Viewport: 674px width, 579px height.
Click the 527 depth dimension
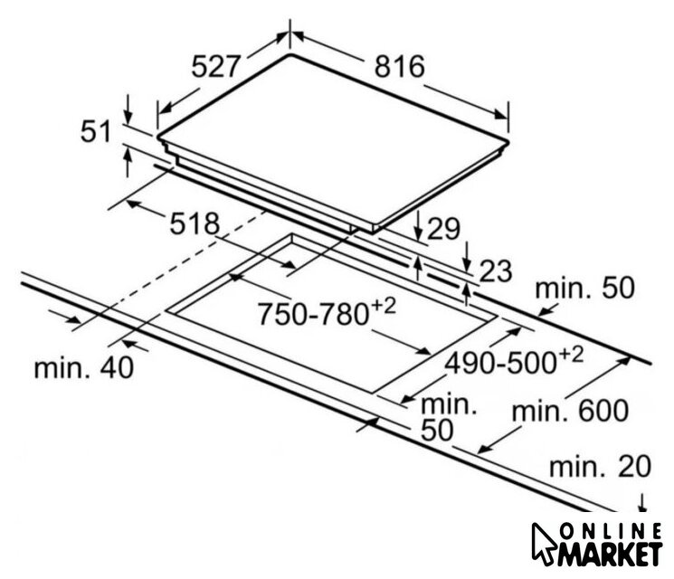pyautogui.click(x=214, y=67)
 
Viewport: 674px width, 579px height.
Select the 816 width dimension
pyautogui.click(x=399, y=67)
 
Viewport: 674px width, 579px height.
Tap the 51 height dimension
pyautogui.click(x=96, y=131)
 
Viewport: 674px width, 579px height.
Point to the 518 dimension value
pyautogui.click(x=195, y=223)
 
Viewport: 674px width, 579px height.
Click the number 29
pyautogui.click(x=444, y=229)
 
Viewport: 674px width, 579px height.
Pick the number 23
pyautogui.click(x=496, y=271)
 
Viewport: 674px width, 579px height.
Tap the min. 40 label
pyautogui.click(x=84, y=367)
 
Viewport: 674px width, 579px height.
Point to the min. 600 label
pyautogui.click(x=570, y=411)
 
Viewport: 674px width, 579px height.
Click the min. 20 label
pyautogui.click(x=600, y=467)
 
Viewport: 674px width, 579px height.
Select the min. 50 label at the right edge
pyautogui.click(x=584, y=288)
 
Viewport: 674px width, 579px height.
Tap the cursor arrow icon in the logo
pyautogui.click(x=544, y=544)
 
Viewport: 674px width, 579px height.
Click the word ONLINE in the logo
pyautogui.click(x=611, y=532)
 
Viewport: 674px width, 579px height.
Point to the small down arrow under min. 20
pyautogui.click(x=642, y=503)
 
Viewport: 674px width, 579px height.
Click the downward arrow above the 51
pyautogui.click(x=128, y=109)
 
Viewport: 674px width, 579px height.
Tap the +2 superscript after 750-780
pyautogui.click(x=384, y=307)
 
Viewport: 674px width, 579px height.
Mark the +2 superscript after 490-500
pyautogui.click(x=571, y=356)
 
